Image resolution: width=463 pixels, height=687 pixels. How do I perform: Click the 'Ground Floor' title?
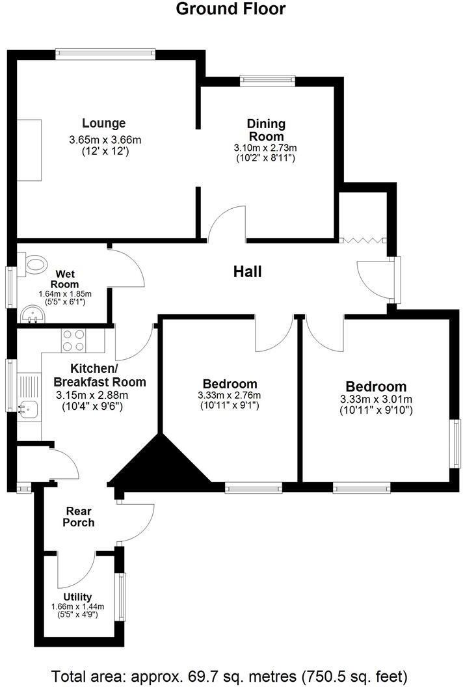(231, 9)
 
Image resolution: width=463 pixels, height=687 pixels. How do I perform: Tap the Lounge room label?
(104, 123)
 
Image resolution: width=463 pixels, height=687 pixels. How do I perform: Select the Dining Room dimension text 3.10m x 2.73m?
(265, 148)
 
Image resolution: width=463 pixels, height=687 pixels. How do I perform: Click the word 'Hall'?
(247, 272)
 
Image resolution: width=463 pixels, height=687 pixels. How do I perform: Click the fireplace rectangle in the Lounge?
(29, 150)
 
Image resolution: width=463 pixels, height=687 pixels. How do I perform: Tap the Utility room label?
(77, 597)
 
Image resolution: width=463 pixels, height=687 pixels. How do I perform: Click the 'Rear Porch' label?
(79, 517)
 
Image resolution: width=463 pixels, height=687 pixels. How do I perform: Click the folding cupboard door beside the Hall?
(364, 241)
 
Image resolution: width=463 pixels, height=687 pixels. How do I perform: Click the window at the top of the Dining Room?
(267, 81)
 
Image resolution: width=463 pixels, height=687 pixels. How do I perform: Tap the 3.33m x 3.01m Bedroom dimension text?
(376, 399)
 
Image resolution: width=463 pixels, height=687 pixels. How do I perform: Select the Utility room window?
(120, 597)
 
